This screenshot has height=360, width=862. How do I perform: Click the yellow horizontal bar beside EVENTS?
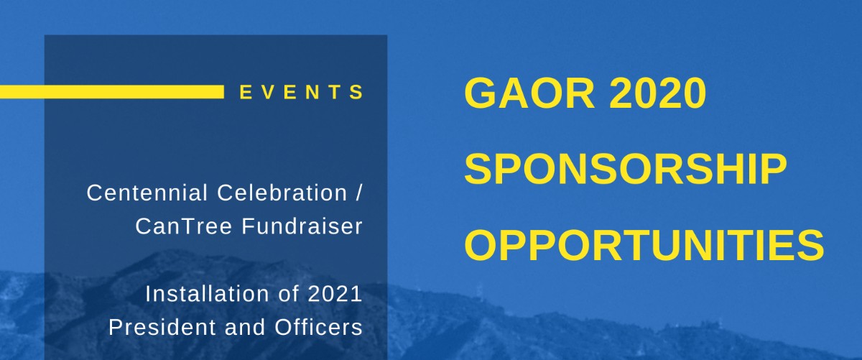pyautogui.click(x=112, y=92)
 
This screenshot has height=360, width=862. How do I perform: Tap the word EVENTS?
pyautogui.click(x=301, y=93)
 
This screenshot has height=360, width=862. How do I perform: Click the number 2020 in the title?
pyautogui.click(x=657, y=93)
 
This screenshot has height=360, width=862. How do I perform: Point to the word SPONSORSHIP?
pyautogui.click(x=626, y=170)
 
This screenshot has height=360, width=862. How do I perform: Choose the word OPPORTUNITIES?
pyautogui.click(x=644, y=245)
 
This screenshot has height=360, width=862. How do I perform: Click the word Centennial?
pyautogui.click(x=147, y=193)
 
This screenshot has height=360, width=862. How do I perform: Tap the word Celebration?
pyautogui.click(x=282, y=193)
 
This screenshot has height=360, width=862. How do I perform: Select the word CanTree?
pyautogui.click(x=184, y=226)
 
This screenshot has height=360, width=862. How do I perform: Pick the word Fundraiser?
pyautogui.click(x=302, y=226)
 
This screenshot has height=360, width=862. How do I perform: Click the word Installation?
pyautogui.click(x=207, y=294)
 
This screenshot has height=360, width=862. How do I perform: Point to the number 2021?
pyautogui.click(x=335, y=294)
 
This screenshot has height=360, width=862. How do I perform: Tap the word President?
pyautogui.click(x=163, y=328)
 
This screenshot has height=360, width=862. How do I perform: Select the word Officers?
pyautogui.click(x=319, y=328)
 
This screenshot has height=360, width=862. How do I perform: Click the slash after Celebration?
pyautogui.click(x=359, y=193)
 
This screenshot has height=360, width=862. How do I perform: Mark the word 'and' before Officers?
pyautogui.click(x=245, y=328)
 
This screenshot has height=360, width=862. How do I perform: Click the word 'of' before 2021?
pyautogui.click(x=289, y=294)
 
